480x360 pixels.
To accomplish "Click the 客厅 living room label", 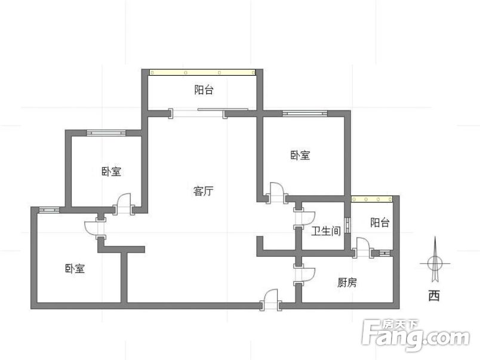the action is pos(203,191).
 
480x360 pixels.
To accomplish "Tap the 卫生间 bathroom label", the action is pos(326,231).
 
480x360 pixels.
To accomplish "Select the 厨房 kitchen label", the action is pos(347,282).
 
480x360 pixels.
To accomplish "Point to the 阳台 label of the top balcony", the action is pos(204,90).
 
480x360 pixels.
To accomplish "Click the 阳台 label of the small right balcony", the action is pos(380,223).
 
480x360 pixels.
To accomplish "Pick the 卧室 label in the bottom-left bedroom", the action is pos(75,269).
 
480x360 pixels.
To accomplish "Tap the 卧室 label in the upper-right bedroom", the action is pos(300,155).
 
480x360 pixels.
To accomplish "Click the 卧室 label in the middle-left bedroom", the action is pos(111,171).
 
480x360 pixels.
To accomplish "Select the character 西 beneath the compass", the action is pos(435,296).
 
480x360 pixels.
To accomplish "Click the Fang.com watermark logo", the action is pos(416,335).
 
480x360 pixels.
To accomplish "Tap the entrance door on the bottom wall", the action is pos(271,300).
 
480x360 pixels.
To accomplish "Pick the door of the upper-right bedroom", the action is pos(277,193).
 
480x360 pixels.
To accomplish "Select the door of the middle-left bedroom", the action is pos(124,204).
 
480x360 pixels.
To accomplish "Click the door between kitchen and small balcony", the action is pos(363,248).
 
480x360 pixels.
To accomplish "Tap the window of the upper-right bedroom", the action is pos(304,113).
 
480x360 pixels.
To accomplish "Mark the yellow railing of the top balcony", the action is pos(202,73).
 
